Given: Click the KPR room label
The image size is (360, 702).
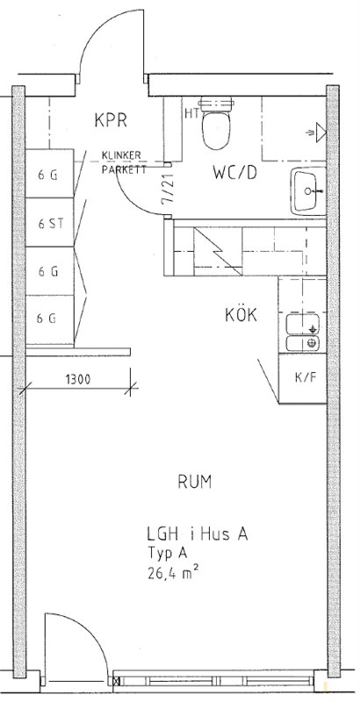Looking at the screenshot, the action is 111,120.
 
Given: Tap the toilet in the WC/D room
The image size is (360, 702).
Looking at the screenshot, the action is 216,122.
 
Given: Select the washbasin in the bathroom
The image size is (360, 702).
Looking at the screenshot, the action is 308,191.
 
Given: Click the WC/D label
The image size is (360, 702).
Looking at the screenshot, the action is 235,172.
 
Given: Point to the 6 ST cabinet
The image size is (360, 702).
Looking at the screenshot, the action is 49,223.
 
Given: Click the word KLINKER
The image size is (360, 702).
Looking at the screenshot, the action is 121,155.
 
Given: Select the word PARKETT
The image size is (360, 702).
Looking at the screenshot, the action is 124,169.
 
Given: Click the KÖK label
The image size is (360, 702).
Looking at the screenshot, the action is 241,315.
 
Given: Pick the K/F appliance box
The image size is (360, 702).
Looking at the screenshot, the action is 303,378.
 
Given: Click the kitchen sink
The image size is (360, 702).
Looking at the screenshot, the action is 303,333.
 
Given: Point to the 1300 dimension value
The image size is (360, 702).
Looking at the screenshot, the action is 78,380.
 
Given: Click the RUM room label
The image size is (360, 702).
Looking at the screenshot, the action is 194,482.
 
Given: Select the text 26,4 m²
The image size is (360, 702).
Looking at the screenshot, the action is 173,573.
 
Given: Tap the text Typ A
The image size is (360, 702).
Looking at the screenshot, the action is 167,555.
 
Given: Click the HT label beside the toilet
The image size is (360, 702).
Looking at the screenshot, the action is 191,114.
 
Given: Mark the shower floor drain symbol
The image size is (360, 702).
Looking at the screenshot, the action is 319,131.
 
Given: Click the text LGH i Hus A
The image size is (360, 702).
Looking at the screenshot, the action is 198,534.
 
